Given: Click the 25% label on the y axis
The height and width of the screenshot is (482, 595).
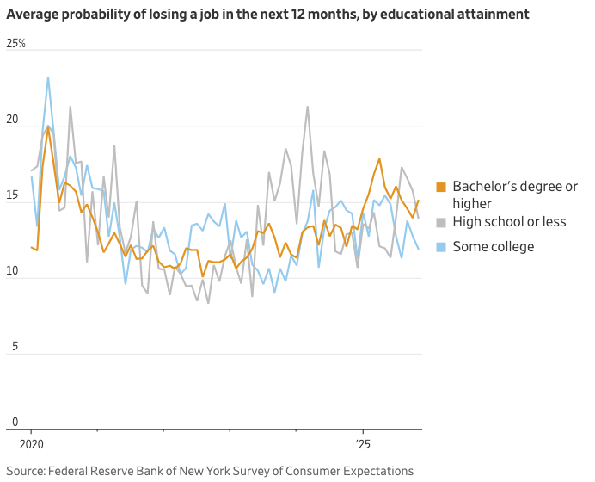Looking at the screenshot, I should (15, 44).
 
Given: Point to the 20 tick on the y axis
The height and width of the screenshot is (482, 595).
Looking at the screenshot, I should (13, 120).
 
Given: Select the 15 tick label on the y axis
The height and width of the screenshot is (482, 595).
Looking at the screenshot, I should (13, 195).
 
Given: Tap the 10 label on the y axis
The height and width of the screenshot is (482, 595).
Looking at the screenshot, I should (13, 271).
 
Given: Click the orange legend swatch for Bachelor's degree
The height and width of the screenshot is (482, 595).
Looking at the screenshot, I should (441, 187).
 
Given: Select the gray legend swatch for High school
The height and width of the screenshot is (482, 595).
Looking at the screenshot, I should (441, 222).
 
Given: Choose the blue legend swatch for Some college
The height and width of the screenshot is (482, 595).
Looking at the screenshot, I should (441, 247).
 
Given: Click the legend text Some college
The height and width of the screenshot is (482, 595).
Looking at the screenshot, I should (494, 247).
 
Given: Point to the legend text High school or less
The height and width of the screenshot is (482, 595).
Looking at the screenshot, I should (509, 222).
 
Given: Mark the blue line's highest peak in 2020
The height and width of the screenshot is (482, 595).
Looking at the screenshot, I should (48, 77).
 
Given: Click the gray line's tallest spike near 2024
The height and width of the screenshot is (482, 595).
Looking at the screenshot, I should (307, 107).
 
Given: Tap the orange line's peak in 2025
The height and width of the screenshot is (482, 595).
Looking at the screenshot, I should (379, 158).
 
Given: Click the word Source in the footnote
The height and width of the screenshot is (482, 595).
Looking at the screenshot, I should (26, 471).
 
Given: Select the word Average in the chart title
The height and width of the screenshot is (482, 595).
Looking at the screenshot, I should (32, 15).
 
